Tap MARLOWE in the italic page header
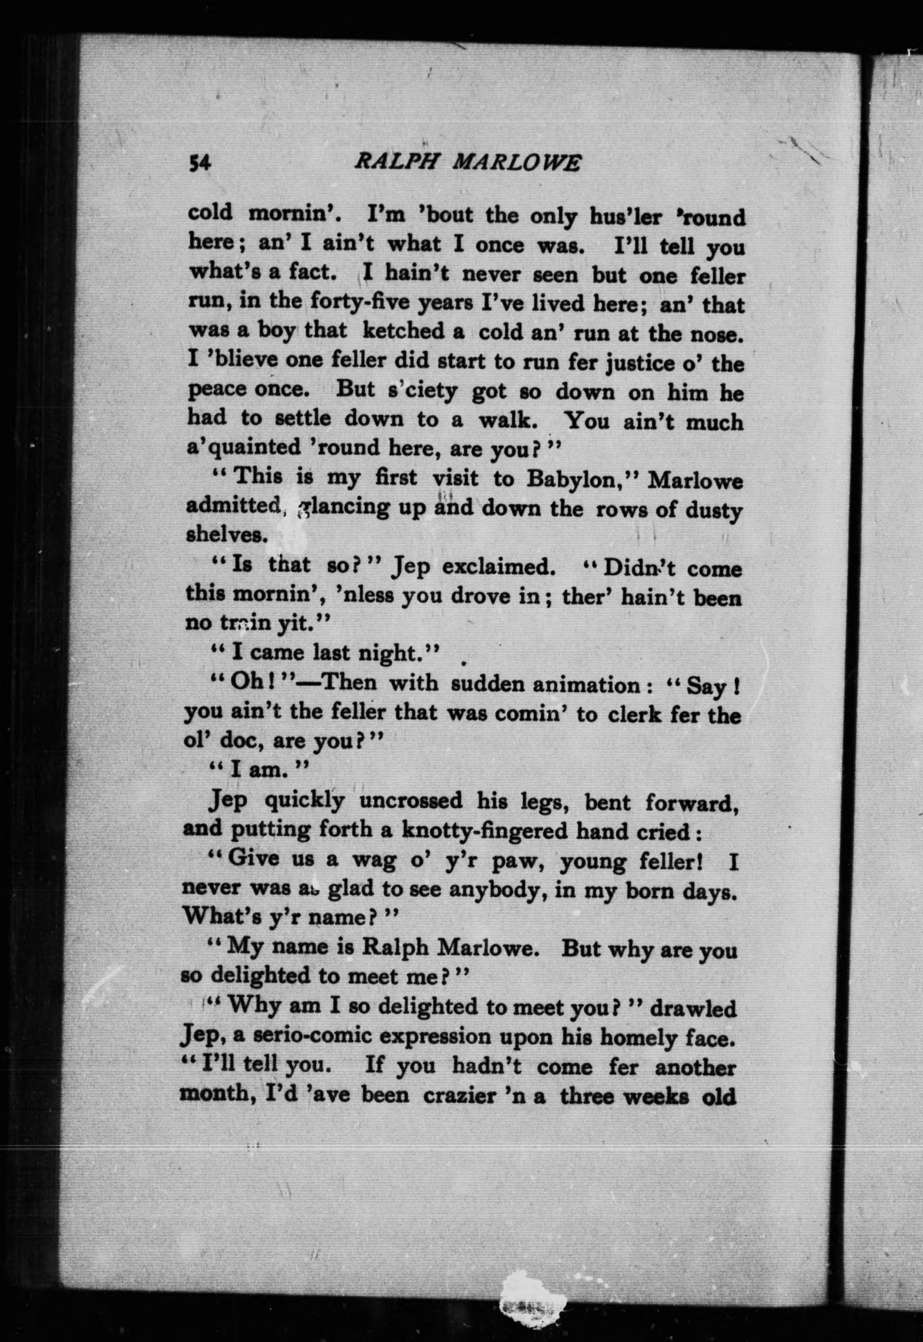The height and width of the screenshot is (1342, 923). point(515,164)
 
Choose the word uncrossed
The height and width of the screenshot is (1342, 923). point(411,801)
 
